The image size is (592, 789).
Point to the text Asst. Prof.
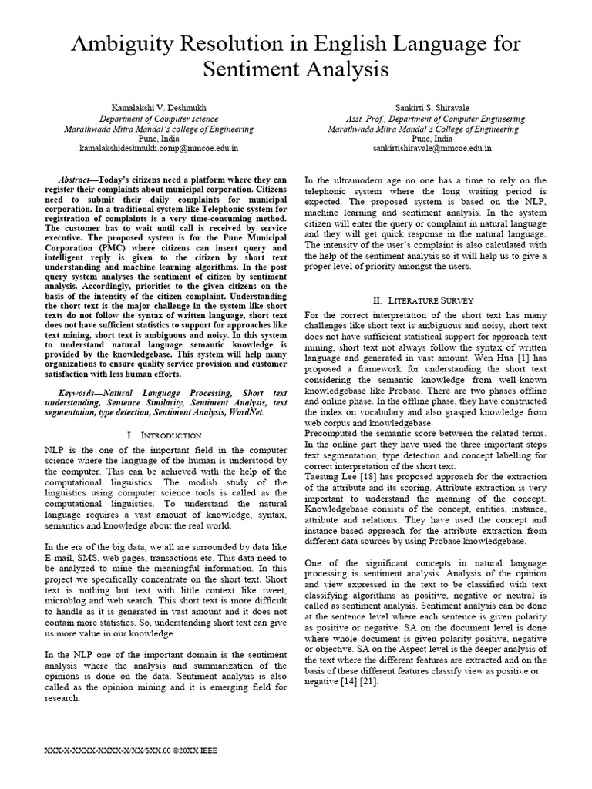pyautogui.click(x=365, y=119)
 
